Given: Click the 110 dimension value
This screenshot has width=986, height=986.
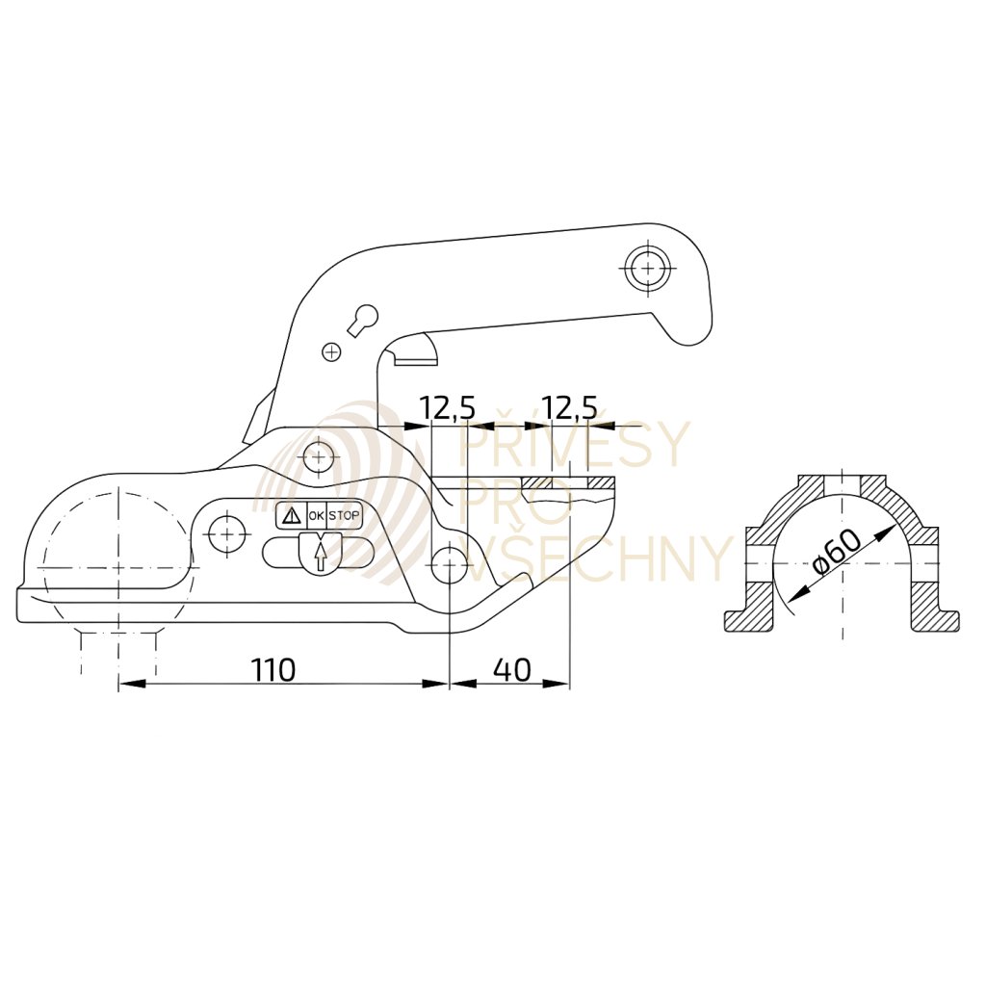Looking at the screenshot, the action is click(x=273, y=668).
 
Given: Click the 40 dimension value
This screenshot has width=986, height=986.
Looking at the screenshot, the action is click(x=510, y=668).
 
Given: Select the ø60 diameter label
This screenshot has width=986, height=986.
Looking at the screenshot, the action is click(x=836, y=552).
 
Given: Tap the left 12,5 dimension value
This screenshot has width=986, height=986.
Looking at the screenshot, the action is click(x=448, y=408).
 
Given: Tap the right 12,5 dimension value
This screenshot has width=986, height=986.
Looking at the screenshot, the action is click(x=569, y=408).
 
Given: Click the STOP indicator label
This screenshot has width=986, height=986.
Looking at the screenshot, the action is click(x=344, y=516).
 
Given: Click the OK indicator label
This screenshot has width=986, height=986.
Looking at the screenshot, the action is click(x=316, y=516).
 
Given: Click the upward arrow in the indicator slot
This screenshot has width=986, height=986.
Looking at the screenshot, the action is click(x=320, y=557).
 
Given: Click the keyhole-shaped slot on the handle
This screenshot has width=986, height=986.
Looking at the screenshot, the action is click(x=362, y=320).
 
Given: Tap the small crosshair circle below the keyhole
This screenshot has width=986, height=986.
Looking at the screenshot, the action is click(x=331, y=352).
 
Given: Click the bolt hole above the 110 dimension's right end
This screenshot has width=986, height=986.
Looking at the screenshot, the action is click(x=450, y=565).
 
